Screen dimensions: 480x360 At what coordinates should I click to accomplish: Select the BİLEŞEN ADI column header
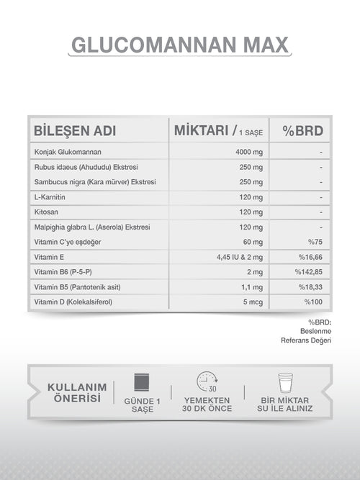[75, 132]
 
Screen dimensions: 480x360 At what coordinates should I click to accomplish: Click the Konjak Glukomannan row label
[68, 152]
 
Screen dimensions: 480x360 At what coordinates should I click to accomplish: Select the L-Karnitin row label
[50, 197]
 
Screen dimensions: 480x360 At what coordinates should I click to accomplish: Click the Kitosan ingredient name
[46, 212]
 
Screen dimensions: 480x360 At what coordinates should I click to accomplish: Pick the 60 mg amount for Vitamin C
[253, 242]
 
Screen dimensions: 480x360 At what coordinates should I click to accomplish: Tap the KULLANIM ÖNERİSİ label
[76, 393]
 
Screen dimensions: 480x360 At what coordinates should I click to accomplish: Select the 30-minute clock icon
[207, 382]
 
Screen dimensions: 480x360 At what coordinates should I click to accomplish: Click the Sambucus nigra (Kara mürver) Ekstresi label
[94, 182]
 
